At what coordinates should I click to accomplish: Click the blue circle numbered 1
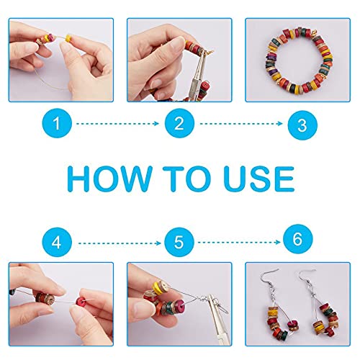point(57,123)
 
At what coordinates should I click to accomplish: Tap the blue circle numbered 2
point(179,123)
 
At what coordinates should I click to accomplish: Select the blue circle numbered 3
point(302,125)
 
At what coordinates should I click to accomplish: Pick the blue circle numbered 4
point(57,243)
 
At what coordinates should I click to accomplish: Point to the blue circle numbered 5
point(179,243)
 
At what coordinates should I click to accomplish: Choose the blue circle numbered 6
point(298,239)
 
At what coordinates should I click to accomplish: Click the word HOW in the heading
point(109,179)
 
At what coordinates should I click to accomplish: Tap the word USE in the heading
point(260,179)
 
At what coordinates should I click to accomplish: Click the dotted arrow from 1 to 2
point(117,124)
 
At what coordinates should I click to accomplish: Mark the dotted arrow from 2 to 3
point(241,124)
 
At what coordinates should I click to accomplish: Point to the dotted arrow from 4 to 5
point(120,243)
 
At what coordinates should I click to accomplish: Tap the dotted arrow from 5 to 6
point(239,243)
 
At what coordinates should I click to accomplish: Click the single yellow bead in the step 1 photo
point(69,38)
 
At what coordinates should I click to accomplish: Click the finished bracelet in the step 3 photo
point(300,61)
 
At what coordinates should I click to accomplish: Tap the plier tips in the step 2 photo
point(201,55)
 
